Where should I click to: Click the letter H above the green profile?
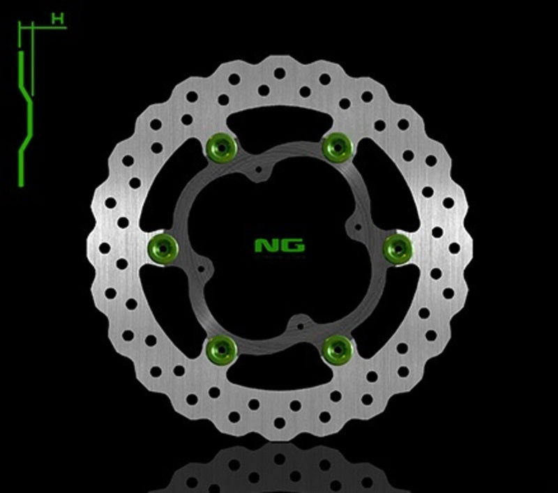pyautogui.click(x=59, y=20)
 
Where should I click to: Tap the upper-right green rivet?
pyautogui.click(x=337, y=146)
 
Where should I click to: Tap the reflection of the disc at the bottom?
pyautogui.click(x=279, y=471)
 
